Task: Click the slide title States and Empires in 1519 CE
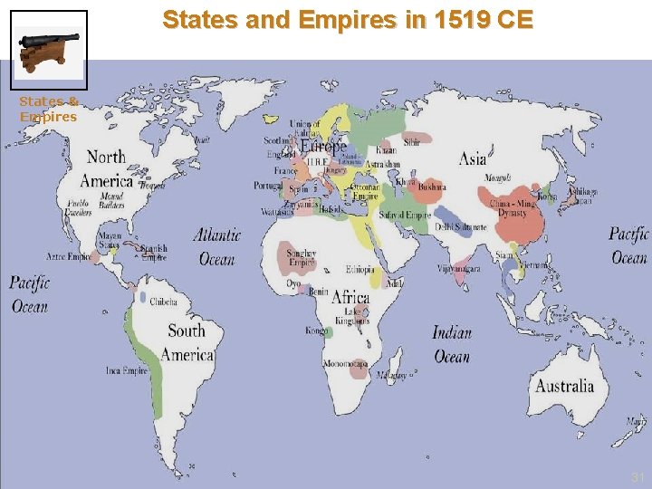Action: (349, 19)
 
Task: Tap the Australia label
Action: (564, 386)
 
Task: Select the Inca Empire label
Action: (127, 370)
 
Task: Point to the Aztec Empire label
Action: (69, 257)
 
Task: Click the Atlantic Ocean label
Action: (217, 246)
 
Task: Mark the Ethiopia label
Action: (360, 270)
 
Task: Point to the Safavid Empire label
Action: (405, 216)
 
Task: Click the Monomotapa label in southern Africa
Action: (345, 365)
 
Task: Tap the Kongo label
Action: (317, 331)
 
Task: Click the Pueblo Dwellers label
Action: (78, 208)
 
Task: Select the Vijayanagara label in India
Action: (458, 269)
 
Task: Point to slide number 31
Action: (637, 476)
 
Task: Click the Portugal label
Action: (268, 185)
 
